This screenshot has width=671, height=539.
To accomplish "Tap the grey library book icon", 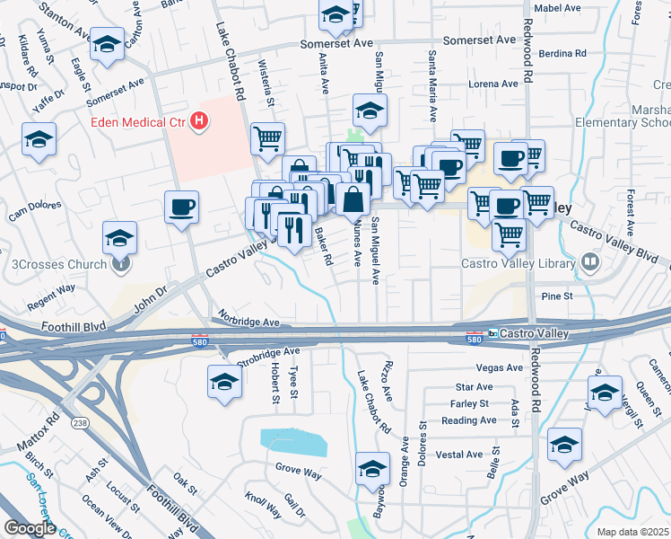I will pos(589,262).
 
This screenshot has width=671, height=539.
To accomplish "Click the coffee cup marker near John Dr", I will pos(181,208).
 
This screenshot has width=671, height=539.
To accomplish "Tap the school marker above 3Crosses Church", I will pos(119,238).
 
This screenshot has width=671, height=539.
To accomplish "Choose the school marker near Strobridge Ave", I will pos(224,382).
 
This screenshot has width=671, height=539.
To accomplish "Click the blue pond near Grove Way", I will pos(293,442).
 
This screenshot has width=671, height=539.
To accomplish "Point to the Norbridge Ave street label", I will pos(247,322).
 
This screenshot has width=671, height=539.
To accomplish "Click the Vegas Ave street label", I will pos(499,367).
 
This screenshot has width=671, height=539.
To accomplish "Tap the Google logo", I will pos(30,528).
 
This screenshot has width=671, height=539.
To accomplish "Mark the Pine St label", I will pos(556,296).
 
